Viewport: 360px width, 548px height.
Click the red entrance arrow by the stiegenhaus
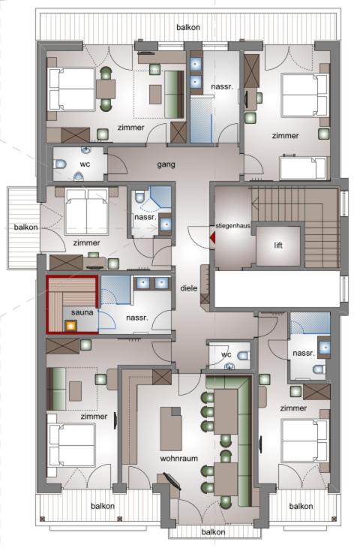[x=212, y=238]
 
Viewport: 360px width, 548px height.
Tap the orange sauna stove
[x=70, y=326]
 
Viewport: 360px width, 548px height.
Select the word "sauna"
[x=82, y=312]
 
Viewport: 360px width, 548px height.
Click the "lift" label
[x=278, y=245]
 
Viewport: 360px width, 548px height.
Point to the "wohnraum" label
[x=178, y=458]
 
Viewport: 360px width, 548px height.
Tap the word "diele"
[x=188, y=288]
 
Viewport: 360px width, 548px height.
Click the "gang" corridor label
[x=166, y=164]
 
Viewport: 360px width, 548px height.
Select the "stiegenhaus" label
[x=233, y=226]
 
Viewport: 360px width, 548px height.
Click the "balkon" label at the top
[x=188, y=27]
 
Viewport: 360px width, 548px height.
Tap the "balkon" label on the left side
[x=25, y=227]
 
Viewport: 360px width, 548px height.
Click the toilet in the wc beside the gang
[x=60, y=164]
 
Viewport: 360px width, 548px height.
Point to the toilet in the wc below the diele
[x=244, y=356]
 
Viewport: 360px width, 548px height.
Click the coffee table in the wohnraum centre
[x=171, y=429]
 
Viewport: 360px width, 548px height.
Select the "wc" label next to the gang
[x=85, y=164]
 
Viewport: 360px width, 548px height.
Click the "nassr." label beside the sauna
[x=137, y=318]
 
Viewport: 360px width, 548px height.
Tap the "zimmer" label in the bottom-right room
[x=293, y=408]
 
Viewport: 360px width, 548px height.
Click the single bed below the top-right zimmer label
[x=303, y=168]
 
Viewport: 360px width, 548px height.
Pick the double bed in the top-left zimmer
[x=71, y=89]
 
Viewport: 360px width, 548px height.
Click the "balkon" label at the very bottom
[x=213, y=532]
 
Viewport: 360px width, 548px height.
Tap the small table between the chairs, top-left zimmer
[x=106, y=89]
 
